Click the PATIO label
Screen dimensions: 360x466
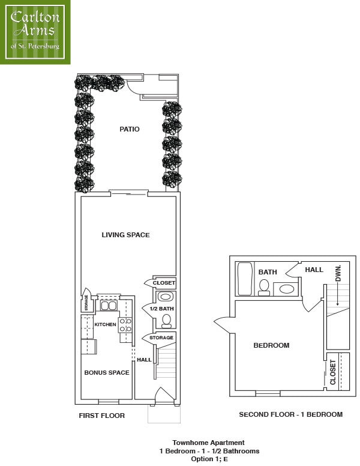(x=129, y=129)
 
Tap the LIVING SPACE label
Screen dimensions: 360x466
(x=125, y=235)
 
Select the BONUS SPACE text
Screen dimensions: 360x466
(x=107, y=373)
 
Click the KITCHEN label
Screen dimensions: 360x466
(x=105, y=324)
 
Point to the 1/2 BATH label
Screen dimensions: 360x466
(x=162, y=309)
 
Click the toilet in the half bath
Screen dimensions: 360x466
(x=166, y=321)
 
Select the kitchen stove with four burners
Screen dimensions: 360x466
(x=125, y=325)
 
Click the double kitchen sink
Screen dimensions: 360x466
(x=108, y=306)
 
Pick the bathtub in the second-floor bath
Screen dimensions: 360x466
(x=245, y=279)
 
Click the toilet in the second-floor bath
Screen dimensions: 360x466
(x=264, y=288)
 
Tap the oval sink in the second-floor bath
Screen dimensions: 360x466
(x=286, y=289)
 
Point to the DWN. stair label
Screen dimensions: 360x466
(x=338, y=273)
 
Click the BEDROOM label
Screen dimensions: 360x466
(x=271, y=345)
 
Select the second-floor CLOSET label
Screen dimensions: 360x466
(x=332, y=372)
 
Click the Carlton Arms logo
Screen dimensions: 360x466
(x=35, y=32)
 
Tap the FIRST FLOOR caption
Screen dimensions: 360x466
(x=101, y=416)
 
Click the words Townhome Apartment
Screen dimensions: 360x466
(x=209, y=443)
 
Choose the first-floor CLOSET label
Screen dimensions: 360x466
(x=164, y=283)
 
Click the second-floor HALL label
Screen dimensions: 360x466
(x=314, y=270)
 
